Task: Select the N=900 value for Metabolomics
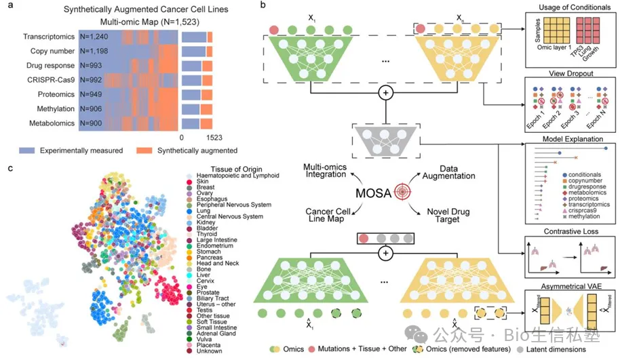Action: [x=93, y=123]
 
